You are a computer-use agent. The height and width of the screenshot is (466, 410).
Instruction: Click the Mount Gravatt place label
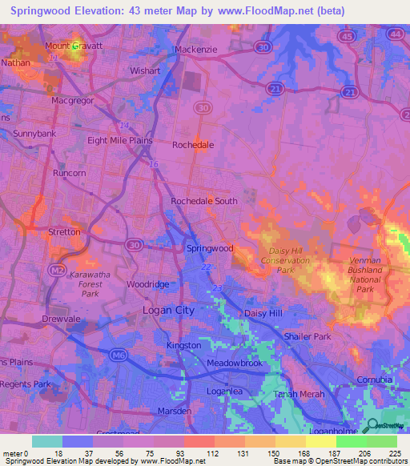[x=74, y=46]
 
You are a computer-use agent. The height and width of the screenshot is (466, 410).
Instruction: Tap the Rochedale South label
[x=204, y=201]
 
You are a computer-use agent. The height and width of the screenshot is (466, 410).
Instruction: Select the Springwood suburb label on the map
[x=210, y=248]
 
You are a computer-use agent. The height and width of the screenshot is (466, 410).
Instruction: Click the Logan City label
[x=168, y=309]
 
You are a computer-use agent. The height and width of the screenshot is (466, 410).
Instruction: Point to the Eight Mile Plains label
[x=119, y=140]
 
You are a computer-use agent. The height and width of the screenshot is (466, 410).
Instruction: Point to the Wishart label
[x=145, y=70]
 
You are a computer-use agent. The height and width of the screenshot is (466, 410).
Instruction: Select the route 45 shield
[x=347, y=36]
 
